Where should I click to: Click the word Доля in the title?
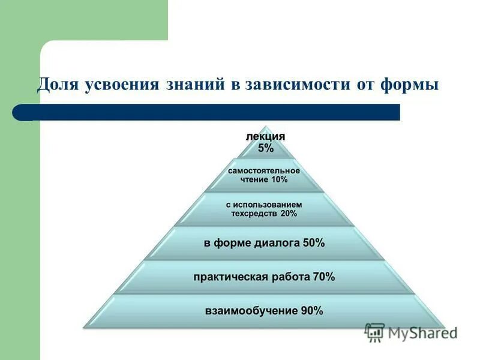[56, 84]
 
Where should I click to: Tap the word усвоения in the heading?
[118, 84]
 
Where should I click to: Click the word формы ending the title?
[410, 84]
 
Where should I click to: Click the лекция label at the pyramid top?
[265, 137]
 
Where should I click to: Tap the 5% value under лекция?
[265, 148]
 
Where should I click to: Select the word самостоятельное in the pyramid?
[263, 170]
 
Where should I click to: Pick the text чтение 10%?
[263, 179]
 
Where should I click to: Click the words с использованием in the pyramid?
[263, 205]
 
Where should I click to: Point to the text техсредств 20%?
[263, 214]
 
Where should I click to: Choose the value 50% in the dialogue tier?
[313, 243]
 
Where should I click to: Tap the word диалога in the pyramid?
[278, 243]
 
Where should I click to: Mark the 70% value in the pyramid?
[323, 277]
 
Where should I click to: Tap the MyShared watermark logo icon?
[374, 332]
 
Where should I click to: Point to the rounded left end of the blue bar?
[19, 112]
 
